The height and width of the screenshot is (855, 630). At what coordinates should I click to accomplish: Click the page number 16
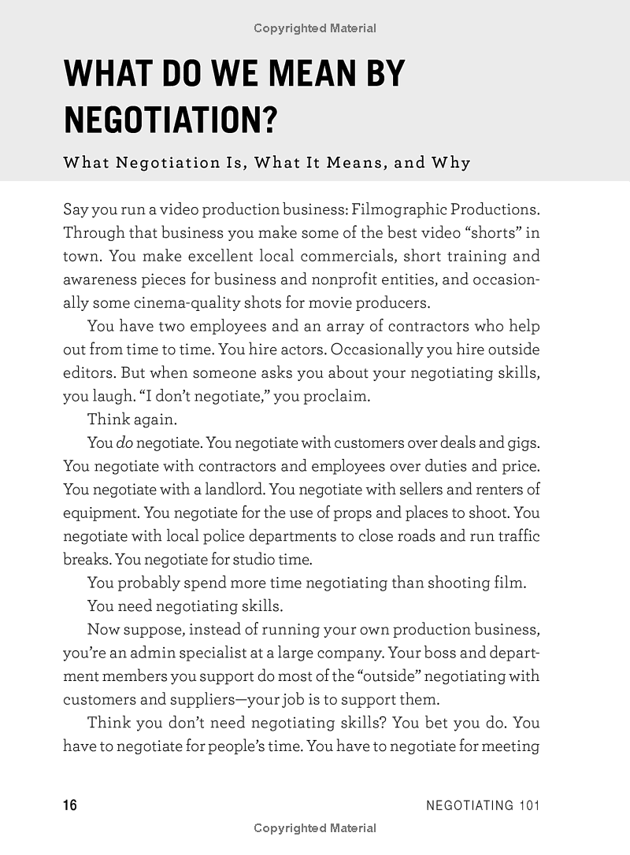point(70,805)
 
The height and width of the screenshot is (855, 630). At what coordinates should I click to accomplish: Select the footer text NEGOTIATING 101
point(482,805)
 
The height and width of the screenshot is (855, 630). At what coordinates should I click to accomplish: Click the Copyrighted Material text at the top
point(315,28)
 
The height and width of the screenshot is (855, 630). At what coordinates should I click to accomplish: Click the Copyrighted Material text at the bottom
point(315,827)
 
